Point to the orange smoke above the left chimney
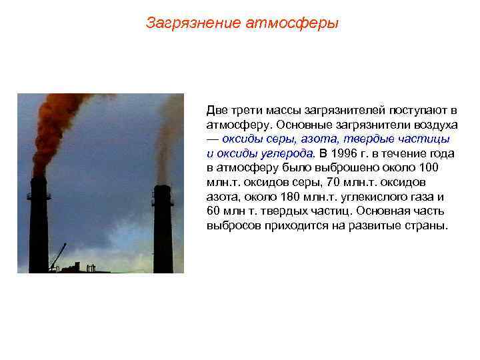coord(57,127)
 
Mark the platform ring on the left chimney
coord(38,196)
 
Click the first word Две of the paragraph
coord(217,109)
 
